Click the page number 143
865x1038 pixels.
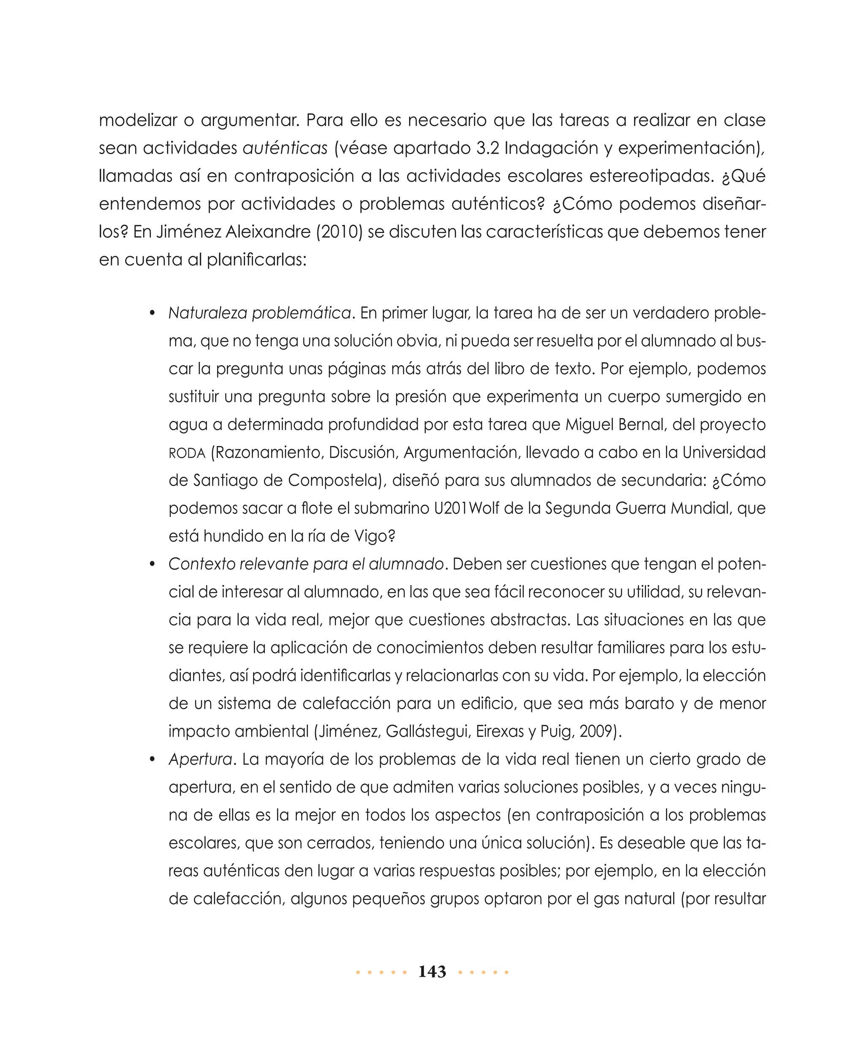(432, 972)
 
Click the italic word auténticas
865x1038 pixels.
(285, 148)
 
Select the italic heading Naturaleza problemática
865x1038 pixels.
(259, 313)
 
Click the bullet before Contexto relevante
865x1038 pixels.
(153, 565)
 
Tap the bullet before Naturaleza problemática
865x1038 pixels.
(153, 314)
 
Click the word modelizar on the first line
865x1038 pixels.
(137, 120)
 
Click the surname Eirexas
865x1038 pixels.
(501, 731)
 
